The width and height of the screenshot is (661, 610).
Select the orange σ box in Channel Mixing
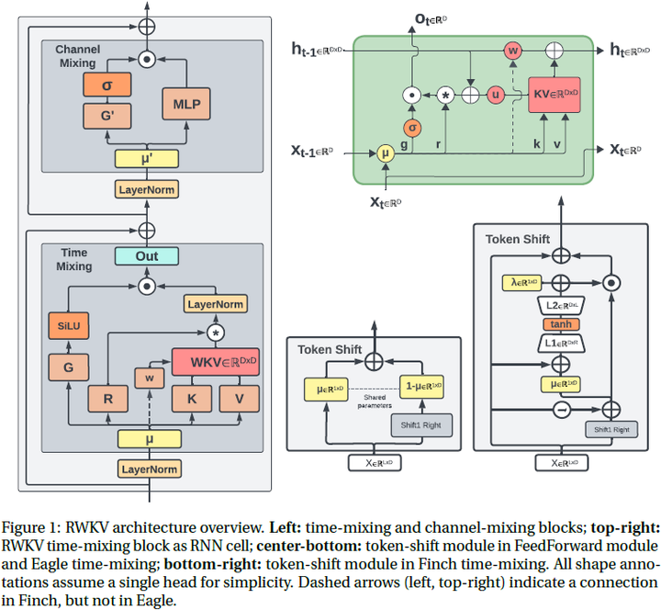click(107, 85)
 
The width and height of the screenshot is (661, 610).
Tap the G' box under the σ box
click(107, 117)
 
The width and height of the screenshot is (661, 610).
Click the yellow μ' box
click(147, 158)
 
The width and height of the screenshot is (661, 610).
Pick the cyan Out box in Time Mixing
click(147, 255)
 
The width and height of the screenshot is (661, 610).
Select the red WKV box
click(215, 362)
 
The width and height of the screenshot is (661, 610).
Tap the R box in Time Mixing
click(107, 399)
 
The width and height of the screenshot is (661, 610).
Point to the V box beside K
click(239, 399)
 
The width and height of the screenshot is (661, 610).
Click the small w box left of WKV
click(148, 376)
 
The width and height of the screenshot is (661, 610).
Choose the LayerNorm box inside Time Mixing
click(215, 303)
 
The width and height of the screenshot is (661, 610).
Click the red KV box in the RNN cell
click(555, 94)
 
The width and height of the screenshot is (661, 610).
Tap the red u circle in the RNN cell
click(497, 95)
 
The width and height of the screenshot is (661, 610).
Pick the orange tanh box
click(559, 324)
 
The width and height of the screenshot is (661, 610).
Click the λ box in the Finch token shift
click(521, 284)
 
